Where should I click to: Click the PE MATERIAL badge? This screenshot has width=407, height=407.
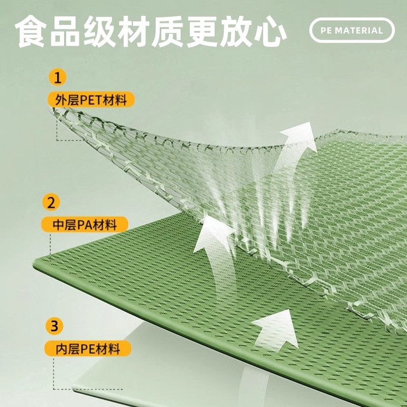coord(352,30)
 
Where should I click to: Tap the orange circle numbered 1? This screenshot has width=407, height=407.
coord(58,78)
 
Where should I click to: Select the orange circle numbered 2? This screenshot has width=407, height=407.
coord(51,203)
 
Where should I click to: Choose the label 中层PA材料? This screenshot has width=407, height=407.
coord(85,224)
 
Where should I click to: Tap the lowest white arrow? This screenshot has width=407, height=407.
coord(275,331)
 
